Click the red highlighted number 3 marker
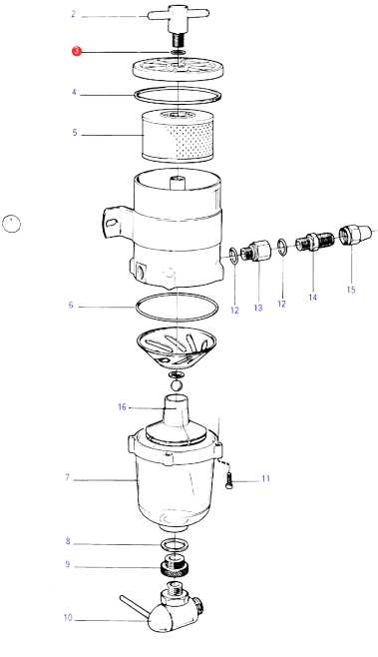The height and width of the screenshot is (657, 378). coord(77,52)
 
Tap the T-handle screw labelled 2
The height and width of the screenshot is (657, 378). coord(178,24)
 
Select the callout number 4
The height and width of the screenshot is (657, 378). coord(74,92)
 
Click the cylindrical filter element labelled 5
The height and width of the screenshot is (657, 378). coord(179,136)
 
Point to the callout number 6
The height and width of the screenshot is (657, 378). coord(71,306)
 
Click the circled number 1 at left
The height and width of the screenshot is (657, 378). coord(11,224)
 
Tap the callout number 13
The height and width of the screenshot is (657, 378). coord(258,308)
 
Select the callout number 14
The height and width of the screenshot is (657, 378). coord(313,298)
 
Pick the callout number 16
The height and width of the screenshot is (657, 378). coord(122,406)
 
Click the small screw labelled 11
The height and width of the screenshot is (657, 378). coord(227,479)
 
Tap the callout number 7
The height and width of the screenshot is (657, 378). coord(67,477)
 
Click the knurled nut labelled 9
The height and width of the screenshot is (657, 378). coord(176,566)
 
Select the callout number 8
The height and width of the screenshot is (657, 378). coord(68,541)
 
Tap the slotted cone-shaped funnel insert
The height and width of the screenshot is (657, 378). coord(177,347)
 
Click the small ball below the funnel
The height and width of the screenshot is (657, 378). coord(177,384)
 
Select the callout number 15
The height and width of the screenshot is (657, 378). coord(351,290)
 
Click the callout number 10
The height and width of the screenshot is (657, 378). coord(68,618)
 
